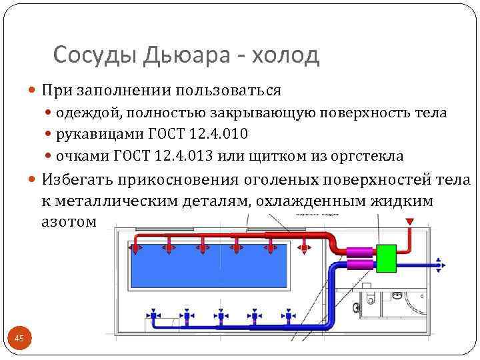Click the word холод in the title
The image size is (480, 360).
[x=283, y=55]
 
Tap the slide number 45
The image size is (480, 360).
[x=19, y=339]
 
